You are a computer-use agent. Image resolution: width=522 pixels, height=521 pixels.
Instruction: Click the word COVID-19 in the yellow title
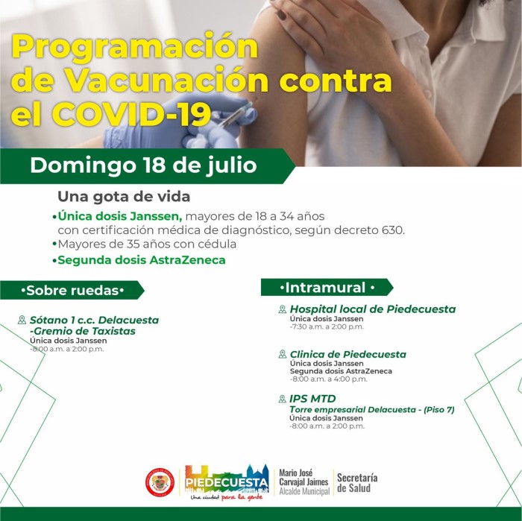click(x=131, y=115)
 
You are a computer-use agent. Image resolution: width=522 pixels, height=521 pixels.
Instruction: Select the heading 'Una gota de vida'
click(x=124, y=197)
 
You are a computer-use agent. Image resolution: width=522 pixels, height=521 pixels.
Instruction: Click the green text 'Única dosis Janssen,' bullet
click(x=120, y=216)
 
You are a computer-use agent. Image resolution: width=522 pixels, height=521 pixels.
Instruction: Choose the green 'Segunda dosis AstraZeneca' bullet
click(x=142, y=260)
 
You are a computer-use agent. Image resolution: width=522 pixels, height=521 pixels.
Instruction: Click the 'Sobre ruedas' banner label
click(x=72, y=291)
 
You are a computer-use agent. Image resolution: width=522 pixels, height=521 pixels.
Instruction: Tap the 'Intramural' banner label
click(x=327, y=288)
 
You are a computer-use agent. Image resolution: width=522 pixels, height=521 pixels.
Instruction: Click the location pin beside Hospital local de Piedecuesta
click(x=283, y=309)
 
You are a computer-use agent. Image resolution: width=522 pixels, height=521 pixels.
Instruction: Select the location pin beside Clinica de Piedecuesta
click(x=283, y=354)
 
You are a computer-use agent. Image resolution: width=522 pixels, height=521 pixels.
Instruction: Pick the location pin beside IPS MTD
click(x=283, y=399)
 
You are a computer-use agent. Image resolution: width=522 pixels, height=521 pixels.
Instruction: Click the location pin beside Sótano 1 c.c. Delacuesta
click(x=22, y=320)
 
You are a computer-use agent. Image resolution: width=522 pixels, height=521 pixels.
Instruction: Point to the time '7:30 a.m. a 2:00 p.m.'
click(x=328, y=326)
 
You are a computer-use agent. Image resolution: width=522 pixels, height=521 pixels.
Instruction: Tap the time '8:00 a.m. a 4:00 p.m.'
click(x=330, y=379)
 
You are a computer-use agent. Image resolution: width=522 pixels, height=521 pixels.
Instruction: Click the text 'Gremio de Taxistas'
click(x=84, y=331)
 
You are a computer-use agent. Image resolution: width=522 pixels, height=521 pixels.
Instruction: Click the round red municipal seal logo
click(x=160, y=482)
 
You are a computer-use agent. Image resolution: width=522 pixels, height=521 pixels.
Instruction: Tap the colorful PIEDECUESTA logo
click(x=227, y=482)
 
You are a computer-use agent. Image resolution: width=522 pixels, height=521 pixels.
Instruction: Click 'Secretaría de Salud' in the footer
click(x=357, y=483)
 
